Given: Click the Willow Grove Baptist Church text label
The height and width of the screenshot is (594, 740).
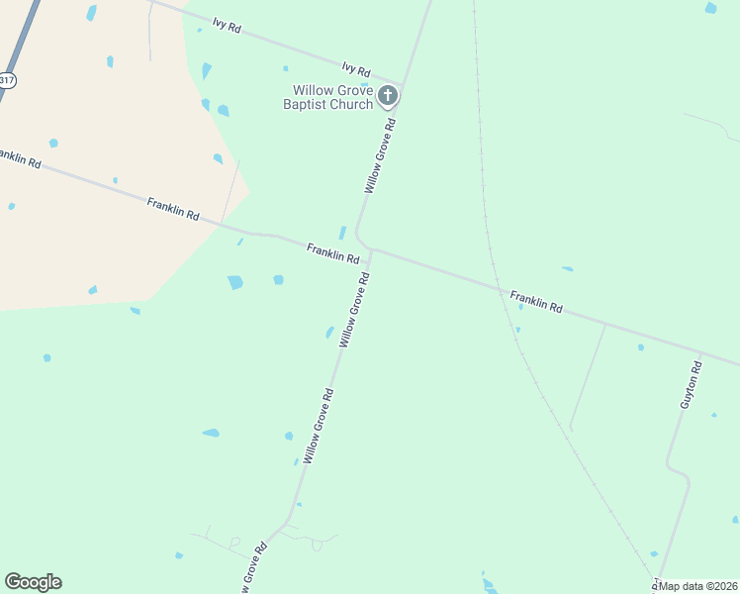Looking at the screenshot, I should click(x=327, y=97).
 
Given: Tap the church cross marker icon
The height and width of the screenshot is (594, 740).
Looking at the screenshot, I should click(x=388, y=96).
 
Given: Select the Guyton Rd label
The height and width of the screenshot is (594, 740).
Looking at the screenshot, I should click(x=690, y=386).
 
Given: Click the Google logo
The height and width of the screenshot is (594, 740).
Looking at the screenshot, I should click(x=33, y=582).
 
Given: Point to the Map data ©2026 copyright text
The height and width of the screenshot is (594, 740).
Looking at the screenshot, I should click(x=697, y=586).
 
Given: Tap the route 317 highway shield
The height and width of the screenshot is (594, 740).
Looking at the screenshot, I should click(x=6, y=81).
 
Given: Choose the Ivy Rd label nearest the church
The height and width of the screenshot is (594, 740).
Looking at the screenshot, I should click(x=355, y=69).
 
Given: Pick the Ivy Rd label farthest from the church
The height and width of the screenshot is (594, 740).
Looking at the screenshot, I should click(x=227, y=26).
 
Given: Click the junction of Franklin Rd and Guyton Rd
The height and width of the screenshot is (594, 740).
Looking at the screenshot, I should click(x=701, y=353).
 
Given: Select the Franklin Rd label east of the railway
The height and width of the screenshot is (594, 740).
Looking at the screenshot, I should click(x=536, y=301).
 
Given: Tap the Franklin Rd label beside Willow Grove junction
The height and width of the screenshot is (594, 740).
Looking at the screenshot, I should click(x=332, y=252).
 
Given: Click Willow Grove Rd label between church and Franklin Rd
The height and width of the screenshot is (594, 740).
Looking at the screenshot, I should click(x=380, y=156).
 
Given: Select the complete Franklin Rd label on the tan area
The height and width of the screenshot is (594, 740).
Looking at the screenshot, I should click(x=173, y=209).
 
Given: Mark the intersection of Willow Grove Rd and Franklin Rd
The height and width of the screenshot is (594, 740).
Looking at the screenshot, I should click(x=370, y=249).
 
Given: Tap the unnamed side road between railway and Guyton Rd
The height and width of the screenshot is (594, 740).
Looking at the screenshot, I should click(x=588, y=376).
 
